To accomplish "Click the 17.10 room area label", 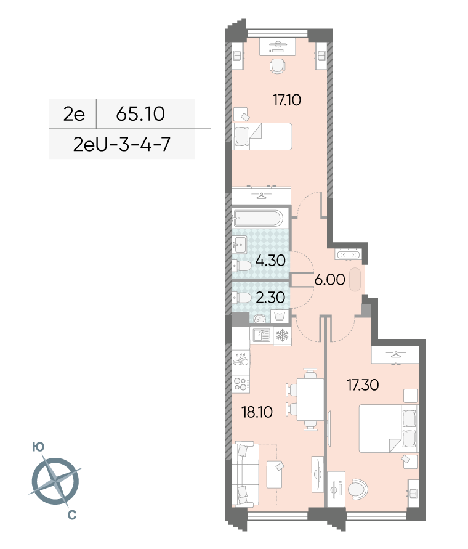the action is (287, 100).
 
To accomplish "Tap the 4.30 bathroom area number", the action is (270, 261).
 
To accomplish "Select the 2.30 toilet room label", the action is (270, 298).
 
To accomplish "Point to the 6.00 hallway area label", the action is (329, 280).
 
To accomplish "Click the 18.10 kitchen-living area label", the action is (257, 412).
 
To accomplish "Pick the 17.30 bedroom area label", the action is (363, 385).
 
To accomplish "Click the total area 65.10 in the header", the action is (140, 114).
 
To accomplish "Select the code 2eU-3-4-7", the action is (122, 144).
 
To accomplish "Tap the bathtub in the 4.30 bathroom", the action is (258, 218).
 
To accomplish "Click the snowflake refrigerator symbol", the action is (282, 335).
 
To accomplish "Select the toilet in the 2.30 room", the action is (242, 298).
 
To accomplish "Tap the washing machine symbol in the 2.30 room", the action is (280, 316).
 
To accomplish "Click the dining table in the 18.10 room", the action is (310, 399).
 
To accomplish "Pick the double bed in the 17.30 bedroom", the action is (388, 429).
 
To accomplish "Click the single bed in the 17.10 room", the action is (262, 136).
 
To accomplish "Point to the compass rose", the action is (55, 481).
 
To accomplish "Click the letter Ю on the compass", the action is (38, 447).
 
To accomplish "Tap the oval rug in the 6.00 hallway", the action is (355, 279).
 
